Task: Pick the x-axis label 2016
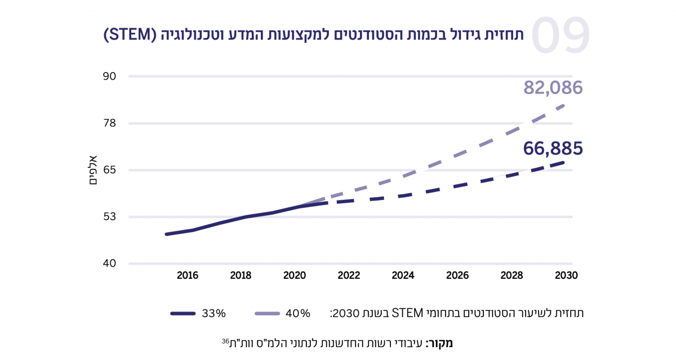[x=187, y=276]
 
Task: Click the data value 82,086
[x=553, y=88]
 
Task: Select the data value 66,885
[x=553, y=148]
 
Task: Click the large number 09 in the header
[x=560, y=35]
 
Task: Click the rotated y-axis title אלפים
[x=94, y=170]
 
